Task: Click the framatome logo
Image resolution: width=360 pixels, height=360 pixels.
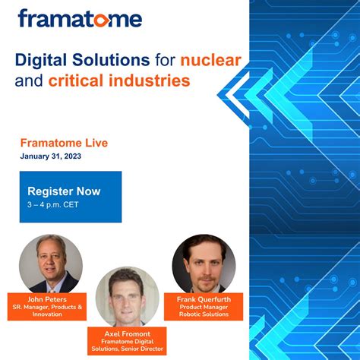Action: point(80,18)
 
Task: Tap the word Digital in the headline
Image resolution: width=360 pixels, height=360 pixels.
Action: point(43,58)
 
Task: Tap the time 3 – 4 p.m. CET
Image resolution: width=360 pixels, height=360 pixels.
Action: point(53,205)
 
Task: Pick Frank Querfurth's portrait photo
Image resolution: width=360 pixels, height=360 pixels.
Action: point(203,262)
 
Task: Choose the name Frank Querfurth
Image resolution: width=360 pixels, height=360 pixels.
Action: point(203,298)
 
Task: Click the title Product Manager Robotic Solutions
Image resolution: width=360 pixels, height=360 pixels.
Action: point(203,310)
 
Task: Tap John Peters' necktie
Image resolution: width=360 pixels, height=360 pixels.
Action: point(52,281)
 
